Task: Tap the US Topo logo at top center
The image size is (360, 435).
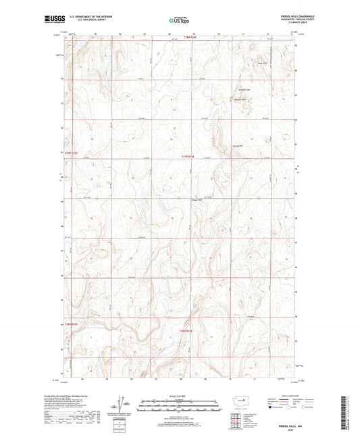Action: (178, 21)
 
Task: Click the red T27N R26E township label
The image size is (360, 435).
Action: (190, 156)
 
